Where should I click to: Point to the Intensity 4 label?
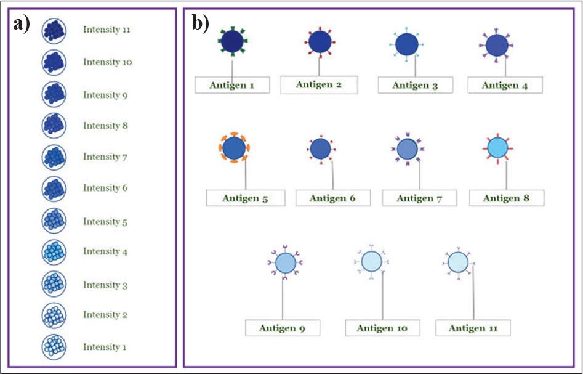[105, 251]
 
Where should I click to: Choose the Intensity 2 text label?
[105, 315]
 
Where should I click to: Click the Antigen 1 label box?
[232, 85]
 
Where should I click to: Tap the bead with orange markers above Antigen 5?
[233, 148]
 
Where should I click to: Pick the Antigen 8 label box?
[506, 198]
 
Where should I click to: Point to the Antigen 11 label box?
[473, 328]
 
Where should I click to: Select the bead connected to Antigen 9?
[285, 263]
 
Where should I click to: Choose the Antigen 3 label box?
[416, 85]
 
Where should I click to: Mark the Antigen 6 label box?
[334, 198]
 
